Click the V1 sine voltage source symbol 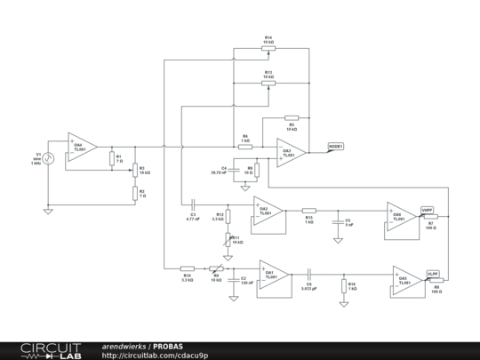(49, 159)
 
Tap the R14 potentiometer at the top (268, 49)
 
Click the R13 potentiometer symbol (268, 83)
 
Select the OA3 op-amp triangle (291, 151)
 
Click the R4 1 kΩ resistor (245, 146)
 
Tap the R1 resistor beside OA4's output (110, 159)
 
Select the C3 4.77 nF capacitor (192, 207)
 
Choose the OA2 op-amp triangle (268, 212)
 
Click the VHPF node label (428, 210)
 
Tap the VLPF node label (432, 274)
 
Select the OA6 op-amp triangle (400, 217)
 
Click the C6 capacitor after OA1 (308, 274)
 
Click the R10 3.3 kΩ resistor (188, 268)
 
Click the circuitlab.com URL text (156, 355)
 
